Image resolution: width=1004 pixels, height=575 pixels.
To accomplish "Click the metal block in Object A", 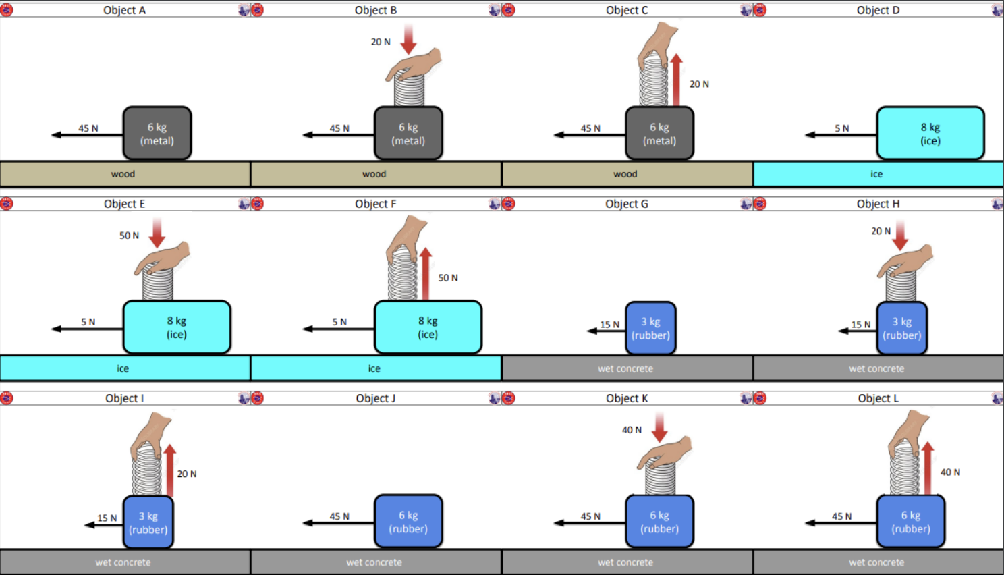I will click(157, 133).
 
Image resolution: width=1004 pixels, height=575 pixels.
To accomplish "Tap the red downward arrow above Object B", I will click(408, 39).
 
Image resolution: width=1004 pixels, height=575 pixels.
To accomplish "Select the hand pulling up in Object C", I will click(658, 40).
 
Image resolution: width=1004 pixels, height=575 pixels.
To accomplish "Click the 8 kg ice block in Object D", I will click(930, 133).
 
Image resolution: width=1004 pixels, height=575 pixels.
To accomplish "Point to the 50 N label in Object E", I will click(129, 236).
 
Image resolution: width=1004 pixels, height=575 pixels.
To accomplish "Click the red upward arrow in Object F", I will click(425, 273).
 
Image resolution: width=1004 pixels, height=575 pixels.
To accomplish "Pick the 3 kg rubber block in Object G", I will click(650, 328).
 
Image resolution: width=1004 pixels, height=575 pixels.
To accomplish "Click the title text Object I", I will click(124, 398).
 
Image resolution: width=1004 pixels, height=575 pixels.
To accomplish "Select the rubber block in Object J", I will click(408, 522).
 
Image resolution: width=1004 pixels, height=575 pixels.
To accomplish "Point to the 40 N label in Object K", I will click(632, 430).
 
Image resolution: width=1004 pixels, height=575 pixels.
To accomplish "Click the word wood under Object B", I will click(374, 174).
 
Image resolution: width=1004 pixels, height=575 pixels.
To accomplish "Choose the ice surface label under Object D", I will click(876, 174).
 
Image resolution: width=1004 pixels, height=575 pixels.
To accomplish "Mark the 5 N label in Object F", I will click(339, 322).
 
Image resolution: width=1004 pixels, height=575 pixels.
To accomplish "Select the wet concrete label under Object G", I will click(625, 368).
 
